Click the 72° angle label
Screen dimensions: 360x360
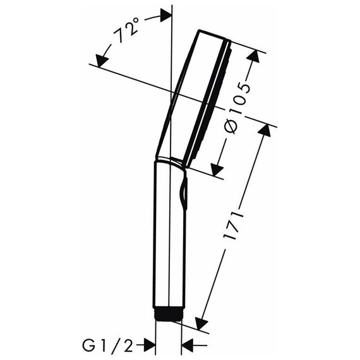pos(127,30)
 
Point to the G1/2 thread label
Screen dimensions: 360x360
pos(107,346)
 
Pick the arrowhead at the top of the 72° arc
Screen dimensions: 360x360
pos(165,15)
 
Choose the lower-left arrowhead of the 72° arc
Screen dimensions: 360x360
pos(102,61)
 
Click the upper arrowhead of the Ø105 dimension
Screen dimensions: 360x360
pos(253,56)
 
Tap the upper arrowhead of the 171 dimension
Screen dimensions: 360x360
pos(265,130)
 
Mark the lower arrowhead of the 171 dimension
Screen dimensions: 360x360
pos(201,324)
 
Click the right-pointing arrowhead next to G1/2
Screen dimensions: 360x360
pos(149,345)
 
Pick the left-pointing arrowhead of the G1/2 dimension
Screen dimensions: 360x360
pos(188,345)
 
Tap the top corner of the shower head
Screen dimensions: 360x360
pos(199,30)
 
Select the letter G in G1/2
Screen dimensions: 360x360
pos(88,346)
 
